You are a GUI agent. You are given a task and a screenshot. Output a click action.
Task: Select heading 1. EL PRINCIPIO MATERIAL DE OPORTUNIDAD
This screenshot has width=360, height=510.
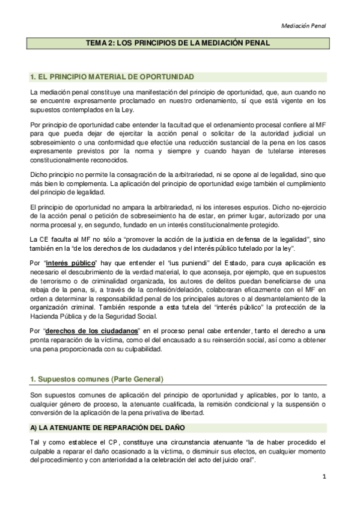click(x=111, y=77)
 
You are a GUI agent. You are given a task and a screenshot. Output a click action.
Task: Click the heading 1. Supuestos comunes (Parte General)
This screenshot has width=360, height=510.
click(x=96, y=379)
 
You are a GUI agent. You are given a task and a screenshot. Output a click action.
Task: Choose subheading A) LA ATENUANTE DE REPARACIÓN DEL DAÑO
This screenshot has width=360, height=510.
click(x=108, y=427)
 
